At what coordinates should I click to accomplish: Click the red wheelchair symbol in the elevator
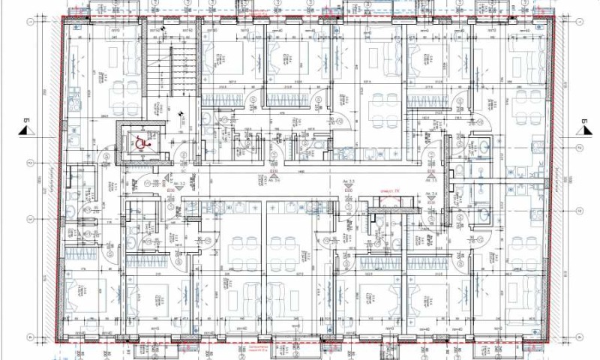(x=139, y=140)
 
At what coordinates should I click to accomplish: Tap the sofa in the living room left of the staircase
(x=130, y=52)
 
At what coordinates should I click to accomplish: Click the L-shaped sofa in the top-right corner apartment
(x=525, y=56)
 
